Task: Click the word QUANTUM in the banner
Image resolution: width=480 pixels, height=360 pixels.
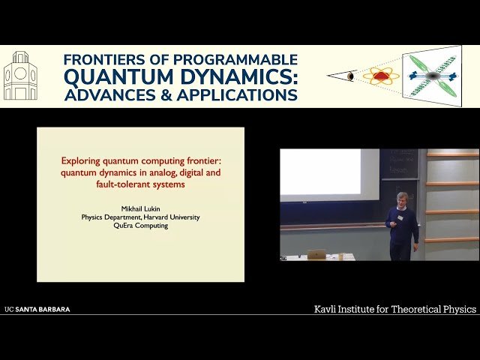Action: tap(115, 76)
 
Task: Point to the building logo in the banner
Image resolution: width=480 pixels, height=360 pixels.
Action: tap(20, 76)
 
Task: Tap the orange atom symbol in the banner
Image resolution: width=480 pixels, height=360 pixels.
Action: tap(381, 76)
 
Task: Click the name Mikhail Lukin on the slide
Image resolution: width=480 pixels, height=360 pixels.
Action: tap(140, 208)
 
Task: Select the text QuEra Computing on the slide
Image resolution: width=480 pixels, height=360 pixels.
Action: tap(140, 225)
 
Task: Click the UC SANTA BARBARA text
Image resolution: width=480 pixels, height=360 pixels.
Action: tap(37, 309)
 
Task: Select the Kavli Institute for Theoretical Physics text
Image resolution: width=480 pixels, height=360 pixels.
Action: tap(394, 309)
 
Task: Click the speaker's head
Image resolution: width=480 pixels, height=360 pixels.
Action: tap(402, 199)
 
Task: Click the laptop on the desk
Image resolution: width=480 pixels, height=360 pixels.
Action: tap(317, 254)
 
